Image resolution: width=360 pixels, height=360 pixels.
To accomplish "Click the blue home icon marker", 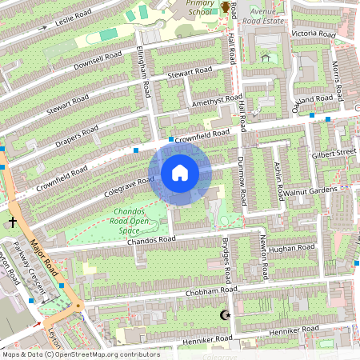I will (x=180, y=172).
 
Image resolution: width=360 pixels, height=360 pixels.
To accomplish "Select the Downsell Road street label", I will (x=97, y=60).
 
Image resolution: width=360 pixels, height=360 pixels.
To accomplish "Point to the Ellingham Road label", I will (x=143, y=71).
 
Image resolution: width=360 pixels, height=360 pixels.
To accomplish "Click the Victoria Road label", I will (x=313, y=34).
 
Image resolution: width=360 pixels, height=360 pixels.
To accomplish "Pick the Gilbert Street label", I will (x=334, y=152).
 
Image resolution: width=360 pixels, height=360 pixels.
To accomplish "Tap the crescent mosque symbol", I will (x=225, y=315).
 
